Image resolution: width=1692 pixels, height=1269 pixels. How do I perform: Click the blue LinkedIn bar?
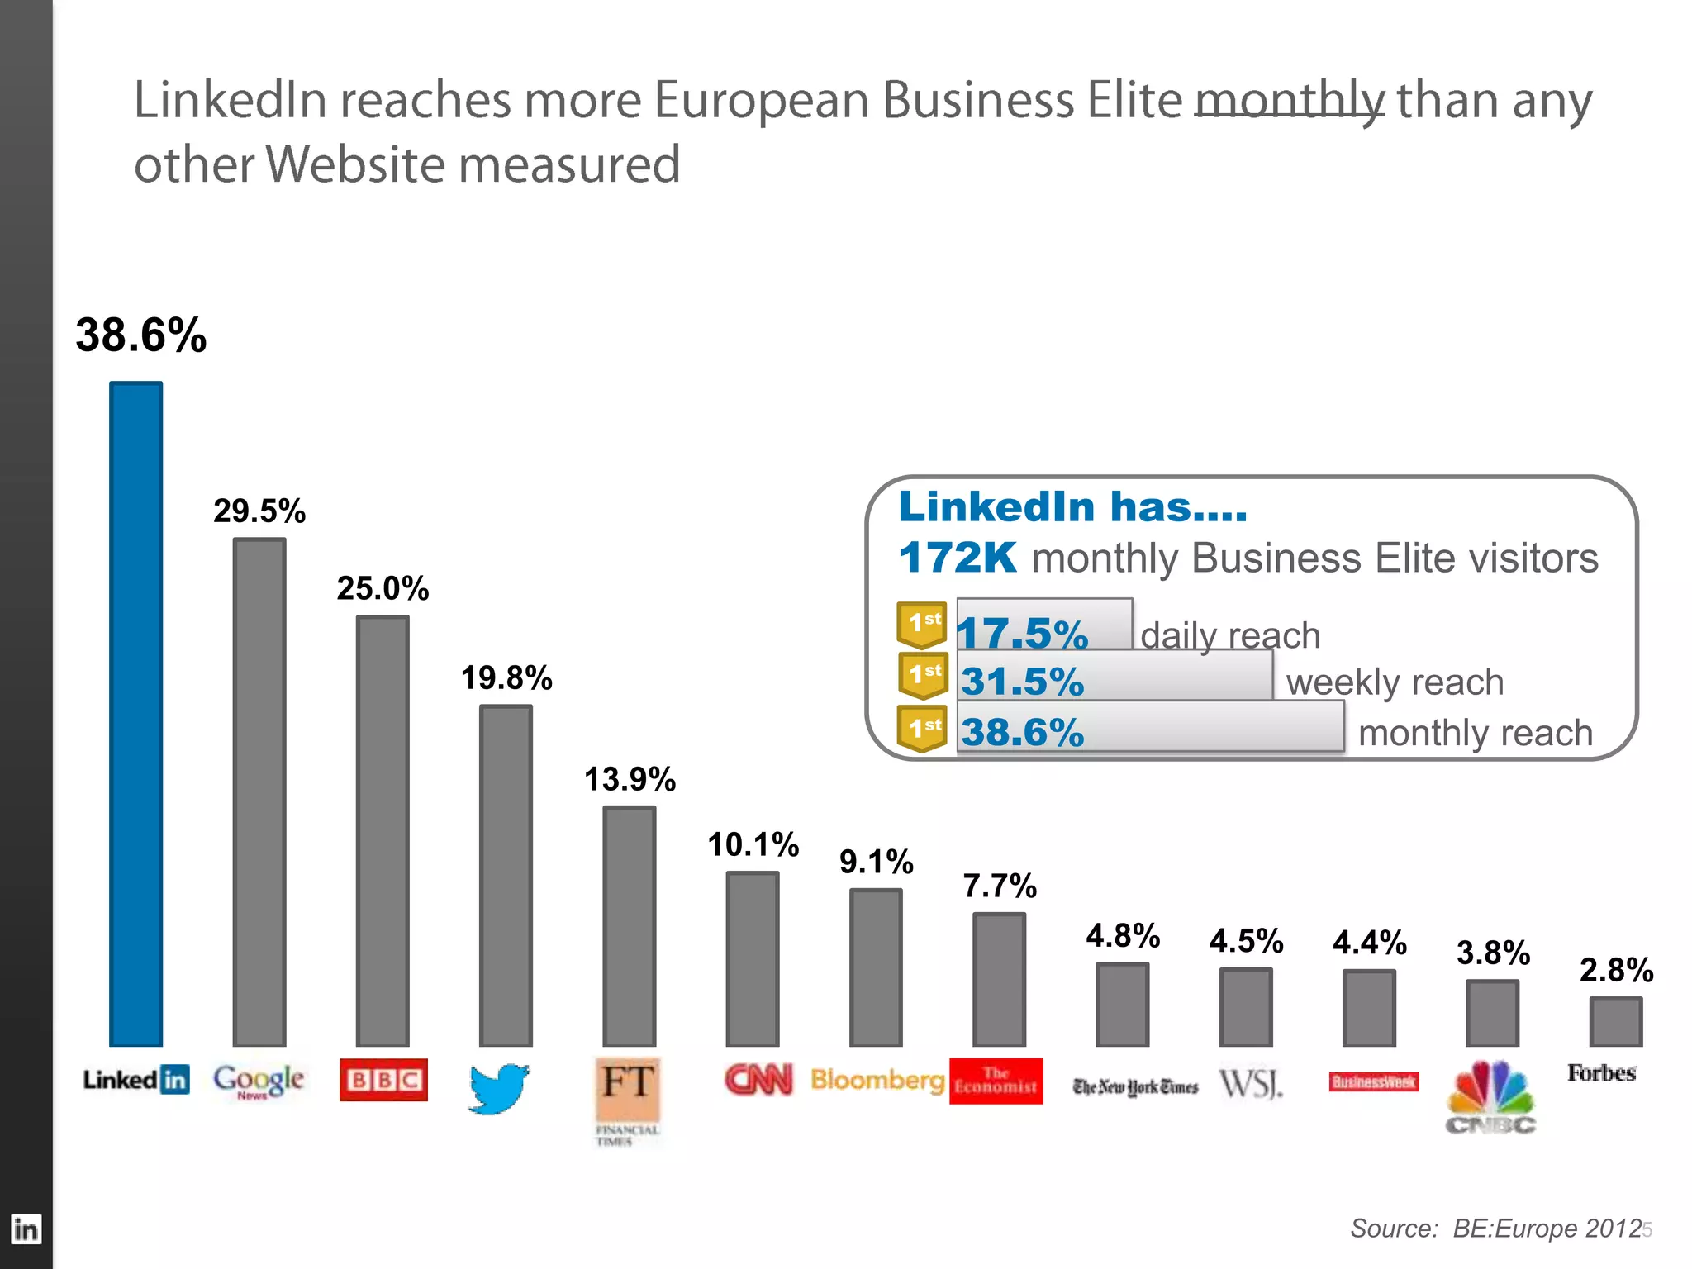136,714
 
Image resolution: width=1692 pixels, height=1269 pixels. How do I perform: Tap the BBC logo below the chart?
383,1080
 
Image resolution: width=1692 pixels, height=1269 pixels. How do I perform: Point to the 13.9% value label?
630,779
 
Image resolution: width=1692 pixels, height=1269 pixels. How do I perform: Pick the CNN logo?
758,1079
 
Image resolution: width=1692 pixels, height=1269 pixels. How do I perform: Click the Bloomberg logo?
877,1080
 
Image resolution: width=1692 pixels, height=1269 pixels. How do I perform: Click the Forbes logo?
1601,1073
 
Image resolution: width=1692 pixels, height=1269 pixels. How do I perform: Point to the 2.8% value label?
1616,970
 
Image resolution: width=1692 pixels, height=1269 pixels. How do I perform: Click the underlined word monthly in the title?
1290,100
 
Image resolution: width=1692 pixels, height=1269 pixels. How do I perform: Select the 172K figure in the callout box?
957,558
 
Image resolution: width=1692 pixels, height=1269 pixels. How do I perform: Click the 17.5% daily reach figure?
1023,634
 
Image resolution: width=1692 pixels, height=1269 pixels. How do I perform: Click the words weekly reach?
1395,682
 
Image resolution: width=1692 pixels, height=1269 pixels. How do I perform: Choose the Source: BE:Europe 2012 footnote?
1495,1229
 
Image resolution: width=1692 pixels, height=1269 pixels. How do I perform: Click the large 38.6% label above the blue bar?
141,335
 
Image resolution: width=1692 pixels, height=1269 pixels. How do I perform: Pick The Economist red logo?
996,1081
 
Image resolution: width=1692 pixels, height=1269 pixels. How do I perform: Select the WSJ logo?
1251,1083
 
